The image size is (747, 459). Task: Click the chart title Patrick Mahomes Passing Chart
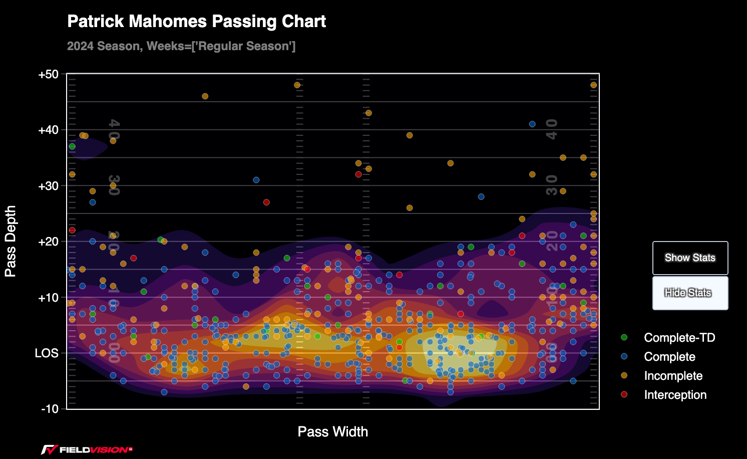pos(196,22)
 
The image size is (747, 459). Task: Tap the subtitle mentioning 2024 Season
pos(181,47)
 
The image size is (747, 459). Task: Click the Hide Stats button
pos(690,293)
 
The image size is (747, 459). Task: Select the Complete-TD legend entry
pos(679,338)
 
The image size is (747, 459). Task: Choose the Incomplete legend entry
pos(673,376)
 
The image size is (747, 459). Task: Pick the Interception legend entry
pos(675,395)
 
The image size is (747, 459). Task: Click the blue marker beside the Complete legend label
pos(624,357)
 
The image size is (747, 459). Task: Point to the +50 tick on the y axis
pos(48,75)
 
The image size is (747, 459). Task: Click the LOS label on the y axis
pos(47,353)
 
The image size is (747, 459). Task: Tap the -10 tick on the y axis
pos(50,409)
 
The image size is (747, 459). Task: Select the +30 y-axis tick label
pos(48,186)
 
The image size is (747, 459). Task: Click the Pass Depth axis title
pos(11,241)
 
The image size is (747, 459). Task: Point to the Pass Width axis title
pos(332,432)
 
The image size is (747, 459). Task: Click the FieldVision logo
pos(87,449)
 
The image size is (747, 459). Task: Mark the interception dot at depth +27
pos(266,202)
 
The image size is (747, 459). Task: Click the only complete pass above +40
pos(532,124)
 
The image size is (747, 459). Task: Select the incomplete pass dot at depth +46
pos(205,96)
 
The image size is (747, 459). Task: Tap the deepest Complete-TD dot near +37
pos(72,147)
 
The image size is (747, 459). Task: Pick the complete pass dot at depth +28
pos(481,197)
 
